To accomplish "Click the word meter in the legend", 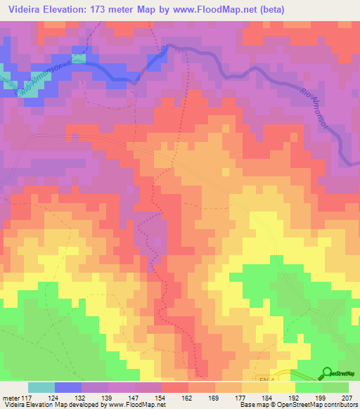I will [11, 397].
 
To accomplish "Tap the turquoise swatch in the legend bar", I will [41, 387].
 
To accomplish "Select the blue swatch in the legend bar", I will [68, 387].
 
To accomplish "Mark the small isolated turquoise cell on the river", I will [78, 58].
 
